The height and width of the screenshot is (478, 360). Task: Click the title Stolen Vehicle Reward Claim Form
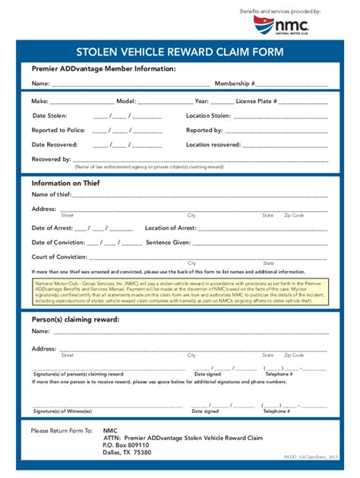coord(180,52)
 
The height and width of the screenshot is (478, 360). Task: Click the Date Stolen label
coord(50,116)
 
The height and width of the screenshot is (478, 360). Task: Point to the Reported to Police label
coord(58,131)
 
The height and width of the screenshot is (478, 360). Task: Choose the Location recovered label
coord(213,144)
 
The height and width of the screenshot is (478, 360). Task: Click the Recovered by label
coord(51,159)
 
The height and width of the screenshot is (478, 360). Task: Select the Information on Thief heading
coord(65,183)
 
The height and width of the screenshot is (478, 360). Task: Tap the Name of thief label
coord(51,195)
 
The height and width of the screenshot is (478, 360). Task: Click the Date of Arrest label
coord(52,228)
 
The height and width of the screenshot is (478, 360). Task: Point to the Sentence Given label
coord(168,242)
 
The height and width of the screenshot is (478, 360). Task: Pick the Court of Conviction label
coord(59,256)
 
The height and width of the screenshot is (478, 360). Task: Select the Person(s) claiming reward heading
coord(75,319)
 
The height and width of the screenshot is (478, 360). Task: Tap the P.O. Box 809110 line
coord(126,445)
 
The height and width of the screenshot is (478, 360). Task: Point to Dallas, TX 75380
coord(127,452)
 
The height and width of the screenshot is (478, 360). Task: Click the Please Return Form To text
coord(62,430)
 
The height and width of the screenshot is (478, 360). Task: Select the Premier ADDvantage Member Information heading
coord(103,69)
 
